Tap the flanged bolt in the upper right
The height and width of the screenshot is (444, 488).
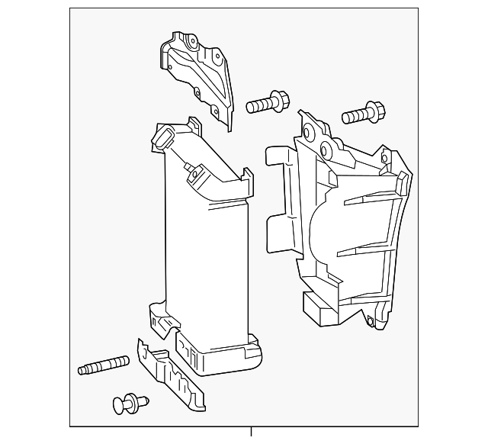(x=361, y=113)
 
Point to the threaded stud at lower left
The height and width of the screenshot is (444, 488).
(x=102, y=367)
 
